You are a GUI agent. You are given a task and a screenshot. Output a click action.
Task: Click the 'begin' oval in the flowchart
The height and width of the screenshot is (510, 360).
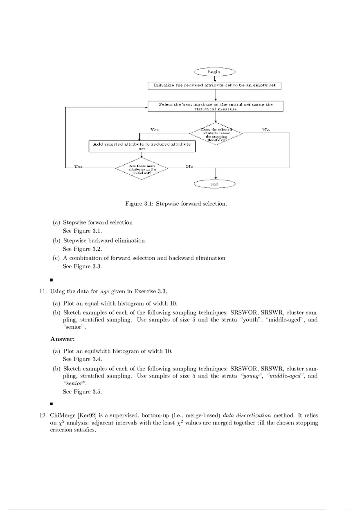pos(214,72)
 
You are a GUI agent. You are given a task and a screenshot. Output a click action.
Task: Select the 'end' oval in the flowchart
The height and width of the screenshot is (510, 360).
pos(214,184)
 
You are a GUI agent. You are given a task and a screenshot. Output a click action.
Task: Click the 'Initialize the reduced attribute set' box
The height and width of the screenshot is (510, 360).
pos(214,85)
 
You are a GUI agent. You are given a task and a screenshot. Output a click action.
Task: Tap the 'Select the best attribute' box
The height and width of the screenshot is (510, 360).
pos(215,106)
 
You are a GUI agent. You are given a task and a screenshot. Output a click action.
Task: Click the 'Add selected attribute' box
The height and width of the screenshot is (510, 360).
pos(142,146)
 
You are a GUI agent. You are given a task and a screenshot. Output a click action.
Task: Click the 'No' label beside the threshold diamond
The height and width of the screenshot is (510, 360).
pos(266,130)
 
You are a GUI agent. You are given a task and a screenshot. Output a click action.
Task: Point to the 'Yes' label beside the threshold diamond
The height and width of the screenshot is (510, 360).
pos(154,130)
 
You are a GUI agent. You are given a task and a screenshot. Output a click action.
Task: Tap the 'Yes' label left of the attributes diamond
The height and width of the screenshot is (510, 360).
pos(78,166)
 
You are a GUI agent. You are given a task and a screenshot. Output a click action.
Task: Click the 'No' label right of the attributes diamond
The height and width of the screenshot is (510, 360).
pos(189,166)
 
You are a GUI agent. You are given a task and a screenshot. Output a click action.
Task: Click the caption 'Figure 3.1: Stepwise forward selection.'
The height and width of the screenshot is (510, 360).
pos(176,203)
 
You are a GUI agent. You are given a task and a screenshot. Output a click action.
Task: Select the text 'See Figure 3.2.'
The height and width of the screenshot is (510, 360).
pos(82,249)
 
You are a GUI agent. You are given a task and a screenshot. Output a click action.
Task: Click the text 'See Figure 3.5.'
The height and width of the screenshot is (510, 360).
pos(82,392)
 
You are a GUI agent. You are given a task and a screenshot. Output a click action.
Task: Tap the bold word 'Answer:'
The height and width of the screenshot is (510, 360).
pos(63,339)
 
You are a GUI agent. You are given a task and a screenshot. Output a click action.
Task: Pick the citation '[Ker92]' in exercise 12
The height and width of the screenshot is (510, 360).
pos(87,415)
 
